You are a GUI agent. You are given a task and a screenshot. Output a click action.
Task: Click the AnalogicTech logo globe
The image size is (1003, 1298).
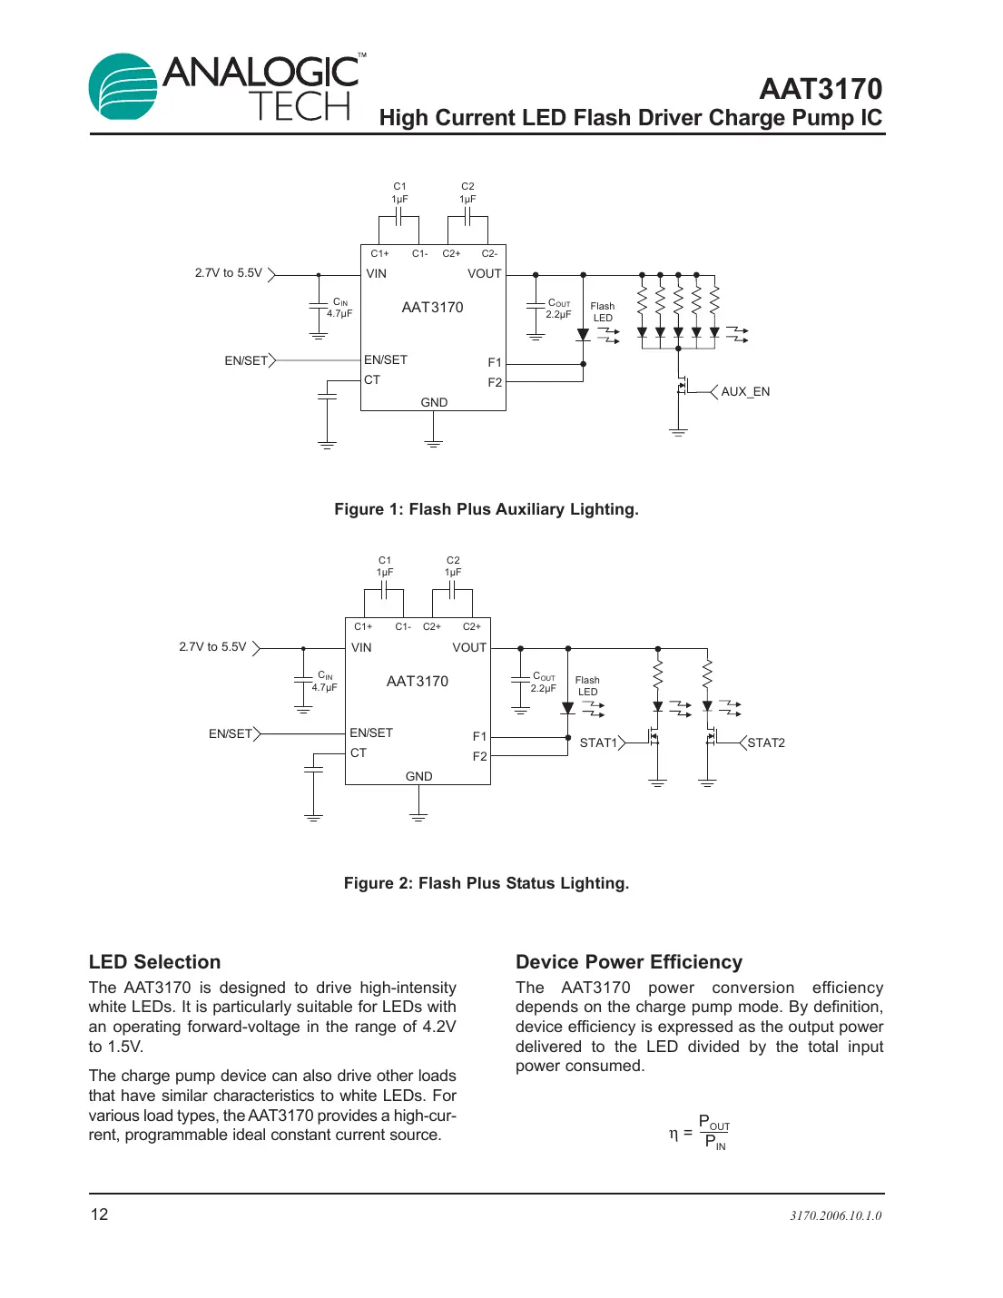[x=123, y=87]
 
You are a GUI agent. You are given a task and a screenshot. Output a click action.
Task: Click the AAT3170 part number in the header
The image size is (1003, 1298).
[x=820, y=89]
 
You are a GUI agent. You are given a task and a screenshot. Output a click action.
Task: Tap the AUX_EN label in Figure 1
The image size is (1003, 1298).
[x=745, y=392]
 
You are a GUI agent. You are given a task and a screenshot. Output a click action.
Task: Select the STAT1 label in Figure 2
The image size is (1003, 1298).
[x=598, y=742]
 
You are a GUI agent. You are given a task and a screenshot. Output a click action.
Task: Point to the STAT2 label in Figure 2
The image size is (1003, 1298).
[x=766, y=742]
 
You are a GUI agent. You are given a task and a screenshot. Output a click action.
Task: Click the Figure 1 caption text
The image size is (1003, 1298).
[x=486, y=509]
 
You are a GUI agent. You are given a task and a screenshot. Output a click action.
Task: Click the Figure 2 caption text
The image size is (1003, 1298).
[x=486, y=883]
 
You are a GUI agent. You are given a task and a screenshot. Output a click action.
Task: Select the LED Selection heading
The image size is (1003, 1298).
[x=154, y=962]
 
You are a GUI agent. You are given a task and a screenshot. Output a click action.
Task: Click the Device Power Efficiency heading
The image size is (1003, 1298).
[x=628, y=962]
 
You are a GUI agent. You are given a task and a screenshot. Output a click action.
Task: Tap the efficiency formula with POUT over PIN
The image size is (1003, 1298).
[x=700, y=1133]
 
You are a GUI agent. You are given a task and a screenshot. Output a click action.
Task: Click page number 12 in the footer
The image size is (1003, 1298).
[x=99, y=1214]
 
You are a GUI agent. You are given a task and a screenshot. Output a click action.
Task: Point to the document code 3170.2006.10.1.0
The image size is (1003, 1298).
[x=835, y=1215]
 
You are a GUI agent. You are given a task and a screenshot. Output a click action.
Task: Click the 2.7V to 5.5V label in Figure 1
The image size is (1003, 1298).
[x=228, y=273]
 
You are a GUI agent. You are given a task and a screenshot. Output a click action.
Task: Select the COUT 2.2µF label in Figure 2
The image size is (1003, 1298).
[x=543, y=683]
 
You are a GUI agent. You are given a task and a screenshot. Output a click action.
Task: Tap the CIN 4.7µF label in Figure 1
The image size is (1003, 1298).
[x=339, y=308]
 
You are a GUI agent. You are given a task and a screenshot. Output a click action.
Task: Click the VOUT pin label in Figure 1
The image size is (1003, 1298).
[x=484, y=274]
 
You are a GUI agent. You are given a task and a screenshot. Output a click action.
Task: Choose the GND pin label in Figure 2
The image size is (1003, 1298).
[x=418, y=776]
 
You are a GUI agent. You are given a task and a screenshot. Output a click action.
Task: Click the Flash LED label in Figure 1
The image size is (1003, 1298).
[x=603, y=312]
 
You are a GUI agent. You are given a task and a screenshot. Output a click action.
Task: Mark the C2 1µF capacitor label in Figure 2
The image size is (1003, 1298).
[x=453, y=566]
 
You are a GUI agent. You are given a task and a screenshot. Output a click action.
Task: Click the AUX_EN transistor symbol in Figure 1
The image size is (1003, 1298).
[x=683, y=388]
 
